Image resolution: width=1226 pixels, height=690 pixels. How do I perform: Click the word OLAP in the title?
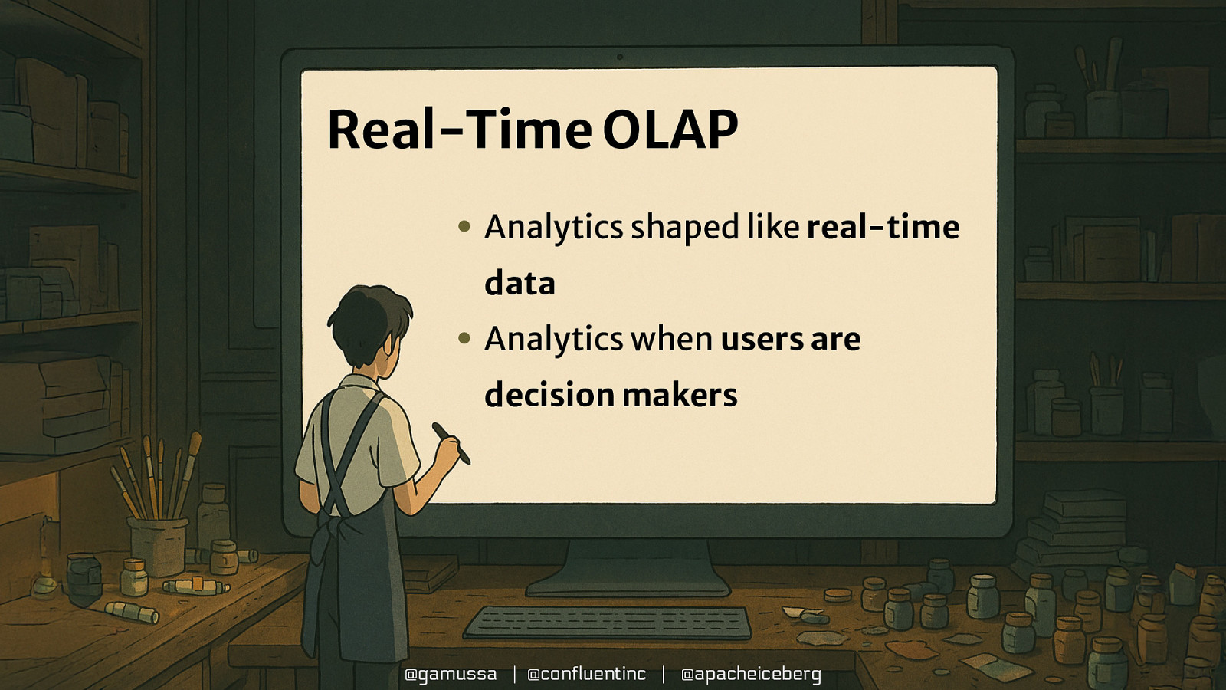(670, 130)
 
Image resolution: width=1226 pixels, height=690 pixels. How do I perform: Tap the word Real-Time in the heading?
(460, 130)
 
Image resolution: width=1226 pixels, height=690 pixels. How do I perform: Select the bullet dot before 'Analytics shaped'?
(464, 225)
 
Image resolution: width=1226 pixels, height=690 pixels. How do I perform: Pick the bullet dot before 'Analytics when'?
(464, 338)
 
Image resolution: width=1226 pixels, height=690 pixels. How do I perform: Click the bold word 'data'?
(520, 283)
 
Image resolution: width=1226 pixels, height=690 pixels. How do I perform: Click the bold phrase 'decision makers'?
(611, 394)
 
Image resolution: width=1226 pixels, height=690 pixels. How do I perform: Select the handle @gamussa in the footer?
(451, 674)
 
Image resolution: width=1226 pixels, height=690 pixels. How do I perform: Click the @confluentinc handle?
(586, 674)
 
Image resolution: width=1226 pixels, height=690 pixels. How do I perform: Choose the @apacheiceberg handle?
(751, 674)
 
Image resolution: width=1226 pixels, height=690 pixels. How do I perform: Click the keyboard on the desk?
(608, 622)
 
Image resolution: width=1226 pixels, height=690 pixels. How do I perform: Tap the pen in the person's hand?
(451, 443)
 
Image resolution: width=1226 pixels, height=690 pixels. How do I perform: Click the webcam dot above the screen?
(620, 57)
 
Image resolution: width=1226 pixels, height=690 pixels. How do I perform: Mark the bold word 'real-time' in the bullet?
(883, 227)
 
